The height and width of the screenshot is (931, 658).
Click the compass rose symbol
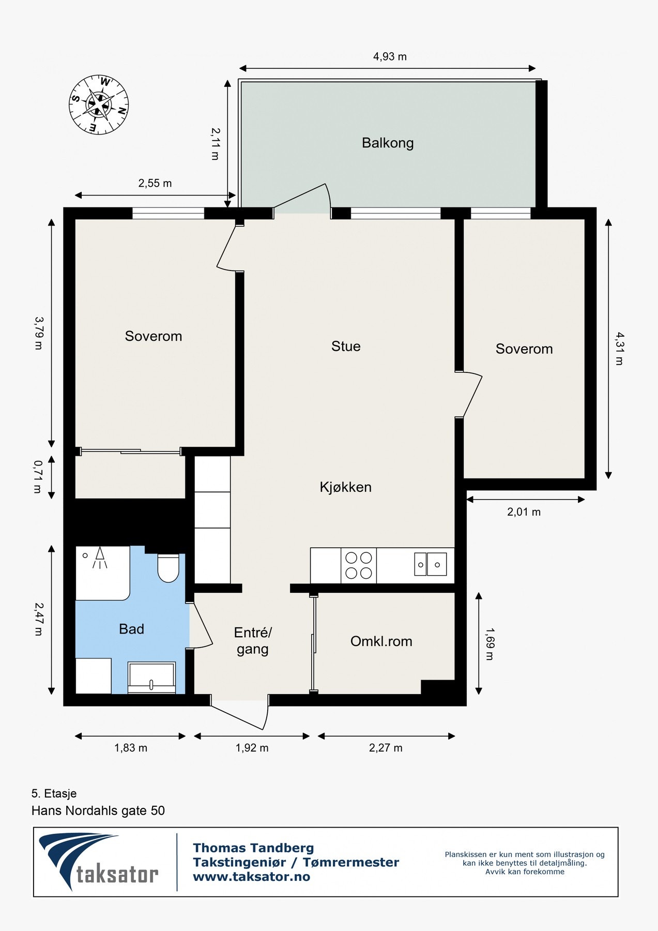click(x=99, y=105)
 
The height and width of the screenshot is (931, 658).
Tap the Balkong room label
click(x=388, y=143)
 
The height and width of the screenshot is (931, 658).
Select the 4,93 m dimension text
click(x=390, y=57)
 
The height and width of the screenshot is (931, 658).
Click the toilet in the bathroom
click(x=168, y=568)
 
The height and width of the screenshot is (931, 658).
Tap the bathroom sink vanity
click(x=152, y=678)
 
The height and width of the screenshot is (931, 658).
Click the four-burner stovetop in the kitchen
click(x=359, y=565)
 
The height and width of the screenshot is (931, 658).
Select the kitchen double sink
click(x=430, y=564)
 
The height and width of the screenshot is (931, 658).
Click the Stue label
click(x=346, y=346)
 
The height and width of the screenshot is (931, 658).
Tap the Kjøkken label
click(x=345, y=487)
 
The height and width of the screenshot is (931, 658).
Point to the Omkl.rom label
click(x=381, y=641)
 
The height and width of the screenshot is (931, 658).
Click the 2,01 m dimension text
click(x=524, y=512)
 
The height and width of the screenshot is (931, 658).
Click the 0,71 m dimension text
click(x=38, y=476)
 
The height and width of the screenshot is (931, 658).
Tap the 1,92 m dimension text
click(x=252, y=748)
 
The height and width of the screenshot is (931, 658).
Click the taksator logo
click(x=98, y=861)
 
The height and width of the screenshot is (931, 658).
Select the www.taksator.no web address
click(x=251, y=877)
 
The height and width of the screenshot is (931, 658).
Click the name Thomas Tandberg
click(x=253, y=848)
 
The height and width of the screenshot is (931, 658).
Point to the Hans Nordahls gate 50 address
click(x=98, y=810)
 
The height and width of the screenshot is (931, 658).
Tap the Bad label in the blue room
click(x=131, y=629)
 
